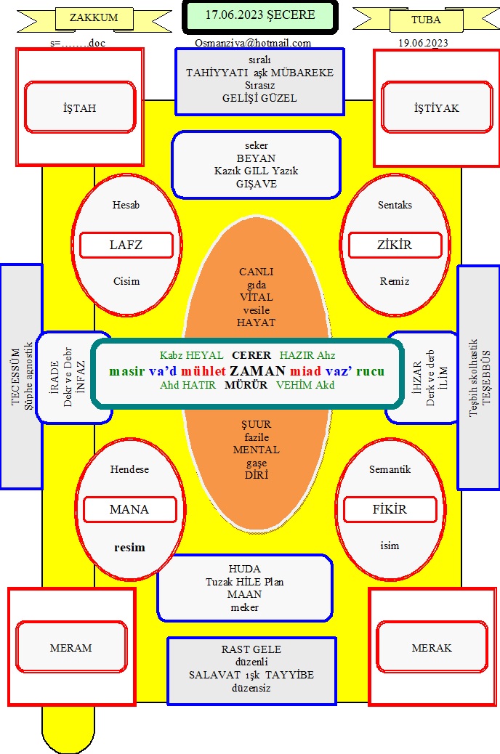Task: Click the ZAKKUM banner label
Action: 94,17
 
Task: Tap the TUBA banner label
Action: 426,20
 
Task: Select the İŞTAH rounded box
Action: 80,108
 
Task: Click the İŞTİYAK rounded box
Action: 437,108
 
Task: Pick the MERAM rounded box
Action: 71,647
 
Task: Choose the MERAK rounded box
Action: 432,647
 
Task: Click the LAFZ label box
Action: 126,245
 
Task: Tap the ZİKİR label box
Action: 395,245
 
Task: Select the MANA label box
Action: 129,509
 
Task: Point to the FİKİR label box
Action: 390,509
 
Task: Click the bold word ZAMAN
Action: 258,370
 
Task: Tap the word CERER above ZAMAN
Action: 251,355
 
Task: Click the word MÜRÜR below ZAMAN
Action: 246,385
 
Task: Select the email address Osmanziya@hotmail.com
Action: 253,43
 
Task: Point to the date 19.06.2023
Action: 423,43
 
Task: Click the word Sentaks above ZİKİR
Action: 395,205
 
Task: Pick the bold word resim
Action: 129,547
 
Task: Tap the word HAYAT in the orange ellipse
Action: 256,323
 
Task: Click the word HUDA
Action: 244,569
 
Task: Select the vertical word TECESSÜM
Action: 15,377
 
